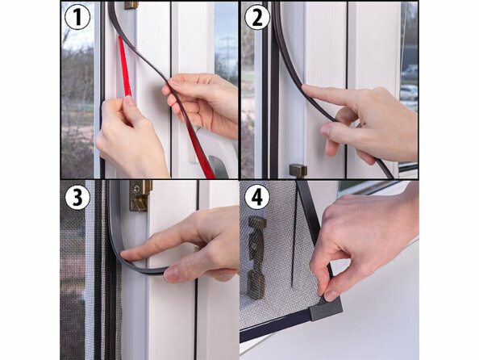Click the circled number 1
point(77,17)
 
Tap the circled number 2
point(257,17)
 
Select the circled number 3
point(77,197)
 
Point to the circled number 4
point(257,197)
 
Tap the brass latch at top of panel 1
point(131,5)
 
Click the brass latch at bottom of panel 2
point(298,170)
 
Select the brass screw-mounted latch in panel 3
point(140,196)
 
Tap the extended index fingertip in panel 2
point(306,89)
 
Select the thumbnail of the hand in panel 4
point(331,295)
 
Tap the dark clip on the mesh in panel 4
point(256,257)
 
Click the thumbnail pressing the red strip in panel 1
point(129,100)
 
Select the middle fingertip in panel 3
point(172,274)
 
